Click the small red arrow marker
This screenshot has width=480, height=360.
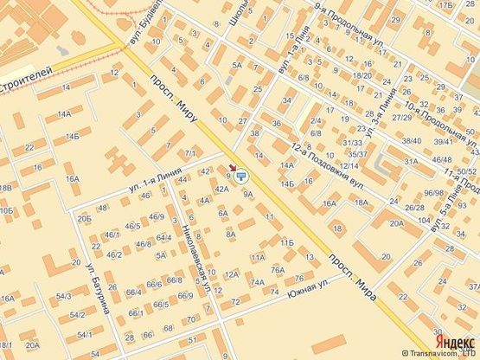pyautogui.click(x=231, y=170)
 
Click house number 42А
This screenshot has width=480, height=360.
pyautogui.click(x=221, y=189)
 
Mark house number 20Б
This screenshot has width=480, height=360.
pyautogui.click(x=84, y=220)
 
